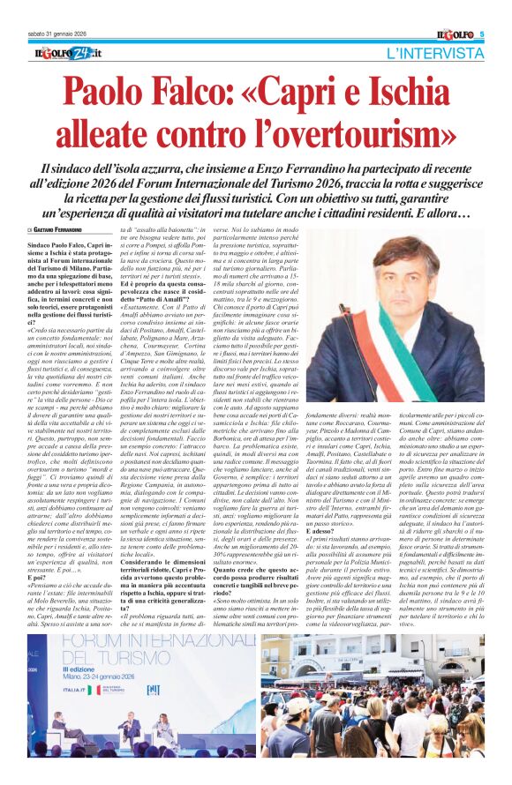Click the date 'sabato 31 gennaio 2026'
pyautogui.click(x=53, y=34)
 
